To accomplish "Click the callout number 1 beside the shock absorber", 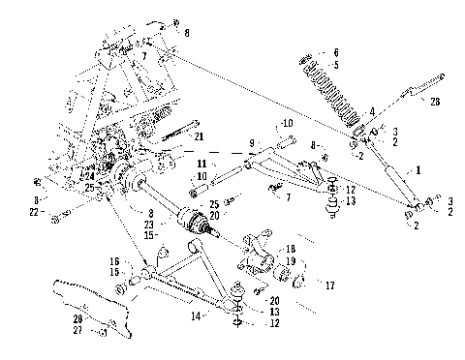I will [x=418, y=168].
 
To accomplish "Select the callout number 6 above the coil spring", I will [x=337, y=51].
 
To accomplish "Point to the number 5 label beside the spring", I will [x=337, y=65].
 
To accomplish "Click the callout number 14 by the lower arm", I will [x=198, y=316].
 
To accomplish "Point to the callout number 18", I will [x=291, y=249].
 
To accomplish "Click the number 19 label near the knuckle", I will [x=292, y=261].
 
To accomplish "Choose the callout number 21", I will [x=199, y=136].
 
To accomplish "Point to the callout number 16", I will [x=114, y=261].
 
